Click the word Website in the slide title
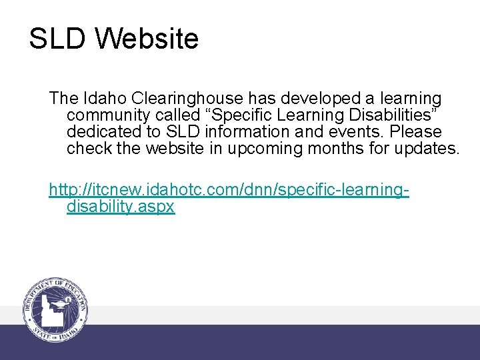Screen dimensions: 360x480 point(147,39)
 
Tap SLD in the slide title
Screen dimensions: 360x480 point(57,39)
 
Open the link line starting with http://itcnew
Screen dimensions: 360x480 point(229,191)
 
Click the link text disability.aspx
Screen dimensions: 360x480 point(121,207)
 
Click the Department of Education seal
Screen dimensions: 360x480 point(56,308)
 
